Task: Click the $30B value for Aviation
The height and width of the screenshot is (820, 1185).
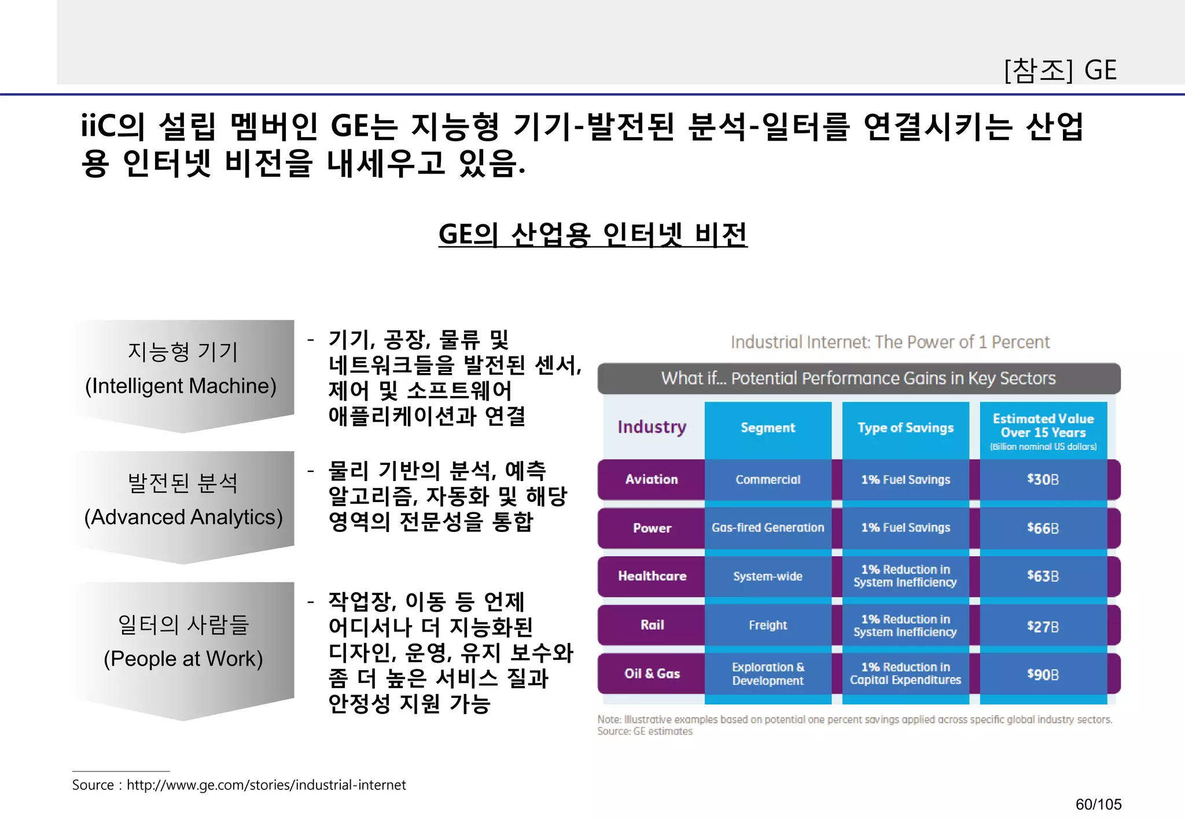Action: [1043, 479]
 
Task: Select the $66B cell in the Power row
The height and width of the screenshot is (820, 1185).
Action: [1043, 528]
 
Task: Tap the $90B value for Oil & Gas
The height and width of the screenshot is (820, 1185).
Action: [1043, 674]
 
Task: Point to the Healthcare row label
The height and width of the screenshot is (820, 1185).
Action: [652, 576]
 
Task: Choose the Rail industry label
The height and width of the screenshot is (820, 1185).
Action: [652, 625]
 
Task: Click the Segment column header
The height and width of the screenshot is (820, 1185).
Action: [768, 428]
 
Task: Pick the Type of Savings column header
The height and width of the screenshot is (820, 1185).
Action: [906, 428]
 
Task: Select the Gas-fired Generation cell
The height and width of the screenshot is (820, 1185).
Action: [768, 527]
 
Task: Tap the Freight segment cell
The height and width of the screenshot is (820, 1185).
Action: [768, 625]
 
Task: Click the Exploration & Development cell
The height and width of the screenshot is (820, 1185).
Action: [768, 674]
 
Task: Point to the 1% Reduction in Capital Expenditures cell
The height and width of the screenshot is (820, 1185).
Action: [906, 674]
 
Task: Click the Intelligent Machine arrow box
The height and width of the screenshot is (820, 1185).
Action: [183, 370]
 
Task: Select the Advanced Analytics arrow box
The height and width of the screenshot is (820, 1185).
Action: [183, 501]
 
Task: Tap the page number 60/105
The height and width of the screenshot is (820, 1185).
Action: [1098, 804]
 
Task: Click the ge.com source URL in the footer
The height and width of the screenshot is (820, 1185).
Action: [266, 785]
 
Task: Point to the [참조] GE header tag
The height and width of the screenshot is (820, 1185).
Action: [1060, 70]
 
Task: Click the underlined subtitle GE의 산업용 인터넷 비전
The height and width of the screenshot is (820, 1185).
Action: [592, 234]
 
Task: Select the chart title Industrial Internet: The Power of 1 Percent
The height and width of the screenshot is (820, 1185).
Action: [890, 342]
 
